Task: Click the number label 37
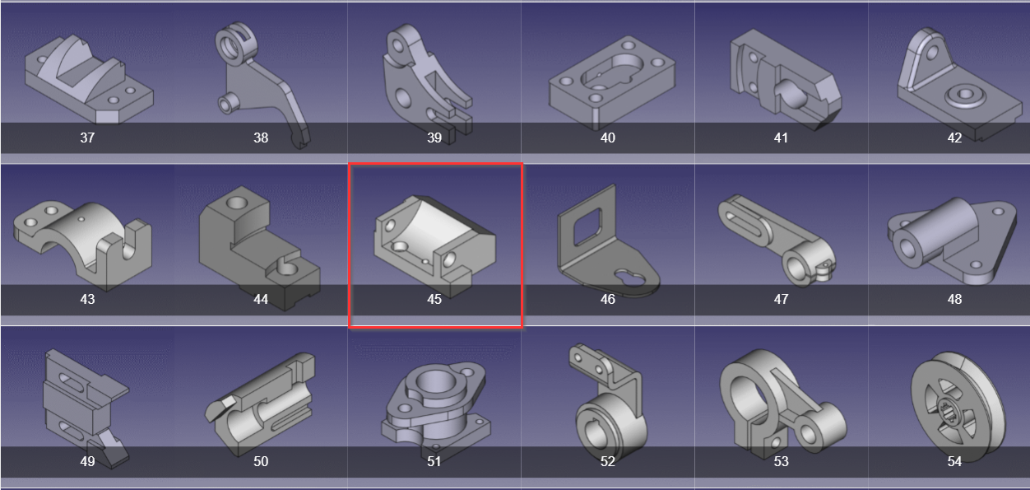(x=87, y=138)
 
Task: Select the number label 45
(x=434, y=299)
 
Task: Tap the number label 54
(x=954, y=461)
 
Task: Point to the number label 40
(x=608, y=138)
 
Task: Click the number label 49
(x=87, y=461)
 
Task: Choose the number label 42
(x=954, y=138)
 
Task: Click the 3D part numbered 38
(x=262, y=82)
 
